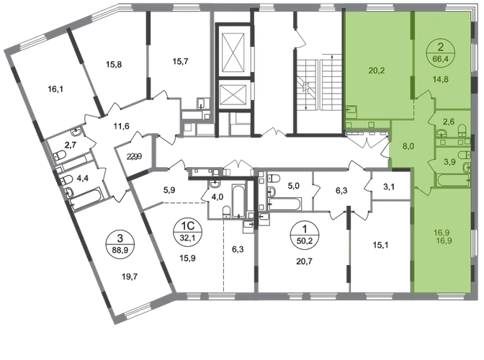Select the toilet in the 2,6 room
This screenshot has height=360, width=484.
tap(462, 135)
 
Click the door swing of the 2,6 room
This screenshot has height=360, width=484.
tap(430, 120)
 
